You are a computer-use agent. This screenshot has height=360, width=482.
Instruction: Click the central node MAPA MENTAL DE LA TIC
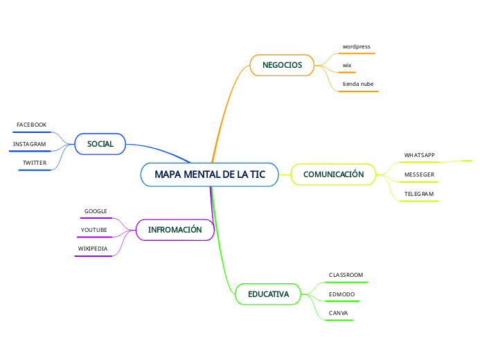click(x=210, y=174)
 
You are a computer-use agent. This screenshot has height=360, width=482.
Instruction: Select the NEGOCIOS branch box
click(x=282, y=65)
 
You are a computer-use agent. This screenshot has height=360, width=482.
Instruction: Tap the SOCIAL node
click(x=100, y=144)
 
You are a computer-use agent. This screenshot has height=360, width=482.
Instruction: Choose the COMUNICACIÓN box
click(x=333, y=174)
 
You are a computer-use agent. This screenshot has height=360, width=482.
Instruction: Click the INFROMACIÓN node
click(x=175, y=230)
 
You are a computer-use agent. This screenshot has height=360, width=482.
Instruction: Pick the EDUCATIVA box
click(x=268, y=294)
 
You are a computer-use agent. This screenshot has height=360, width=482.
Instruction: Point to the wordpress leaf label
click(x=356, y=47)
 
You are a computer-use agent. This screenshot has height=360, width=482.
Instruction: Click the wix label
click(x=347, y=65)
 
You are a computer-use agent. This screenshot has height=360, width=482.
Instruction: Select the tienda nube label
click(x=358, y=84)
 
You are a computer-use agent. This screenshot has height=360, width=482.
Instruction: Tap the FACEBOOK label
click(x=31, y=125)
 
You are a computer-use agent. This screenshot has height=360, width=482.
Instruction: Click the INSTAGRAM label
click(x=29, y=144)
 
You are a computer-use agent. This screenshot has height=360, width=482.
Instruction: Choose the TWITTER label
click(x=35, y=163)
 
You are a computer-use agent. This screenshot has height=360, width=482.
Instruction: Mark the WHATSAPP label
click(x=419, y=155)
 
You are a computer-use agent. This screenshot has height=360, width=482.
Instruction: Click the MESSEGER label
click(x=419, y=174)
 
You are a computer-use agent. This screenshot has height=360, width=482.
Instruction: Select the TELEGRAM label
click(x=418, y=194)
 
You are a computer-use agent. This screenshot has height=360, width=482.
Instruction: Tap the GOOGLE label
click(x=96, y=211)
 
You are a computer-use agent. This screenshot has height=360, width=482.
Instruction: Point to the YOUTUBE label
click(x=93, y=230)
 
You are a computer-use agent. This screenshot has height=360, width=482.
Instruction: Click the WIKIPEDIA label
click(x=92, y=249)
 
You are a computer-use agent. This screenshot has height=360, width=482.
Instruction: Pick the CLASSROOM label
click(x=346, y=276)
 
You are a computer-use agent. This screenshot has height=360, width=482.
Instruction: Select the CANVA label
click(x=338, y=314)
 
